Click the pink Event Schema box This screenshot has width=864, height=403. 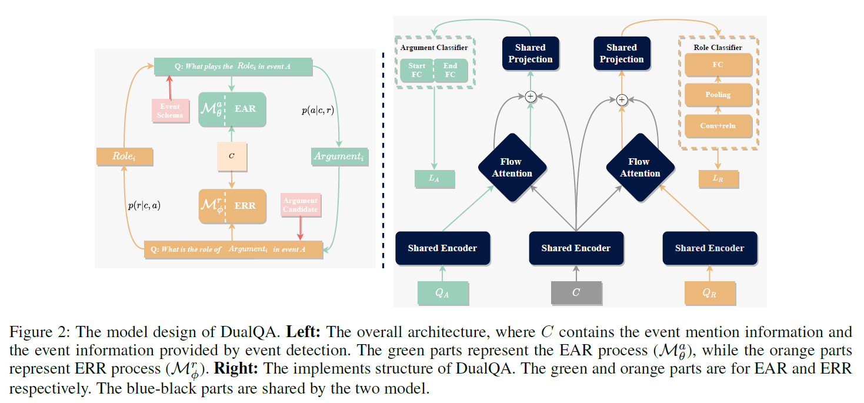point(169,110)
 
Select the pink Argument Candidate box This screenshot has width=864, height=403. point(300,205)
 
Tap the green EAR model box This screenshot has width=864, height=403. point(232,109)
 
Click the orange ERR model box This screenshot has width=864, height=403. point(232,206)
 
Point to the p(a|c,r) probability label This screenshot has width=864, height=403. point(317,109)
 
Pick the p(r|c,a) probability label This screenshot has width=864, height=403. point(144,205)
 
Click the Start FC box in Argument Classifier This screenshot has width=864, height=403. point(416,70)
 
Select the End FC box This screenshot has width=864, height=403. point(450,70)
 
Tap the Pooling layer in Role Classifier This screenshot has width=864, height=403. point(718,95)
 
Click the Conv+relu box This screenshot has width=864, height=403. point(718,125)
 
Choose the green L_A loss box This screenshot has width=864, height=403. point(434,179)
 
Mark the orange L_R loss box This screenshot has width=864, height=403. point(718,179)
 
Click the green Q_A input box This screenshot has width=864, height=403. point(442,292)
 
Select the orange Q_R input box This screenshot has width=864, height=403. point(710,292)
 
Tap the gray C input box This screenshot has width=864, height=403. point(576,292)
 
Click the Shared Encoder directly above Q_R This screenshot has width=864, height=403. point(709,248)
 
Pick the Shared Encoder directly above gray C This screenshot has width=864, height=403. point(576,248)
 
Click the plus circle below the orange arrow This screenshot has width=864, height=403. point(622,101)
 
